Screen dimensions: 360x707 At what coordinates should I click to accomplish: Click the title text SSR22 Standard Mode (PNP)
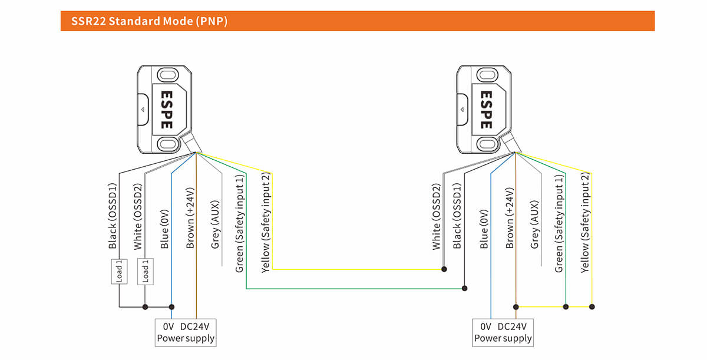point(149,22)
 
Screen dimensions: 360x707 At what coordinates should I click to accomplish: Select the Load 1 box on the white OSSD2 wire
point(144,271)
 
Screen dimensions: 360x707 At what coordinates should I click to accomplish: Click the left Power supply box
point(186,332)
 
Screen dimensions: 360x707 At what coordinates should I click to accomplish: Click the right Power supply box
point(503,332)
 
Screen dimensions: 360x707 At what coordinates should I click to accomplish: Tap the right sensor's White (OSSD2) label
point(437,216)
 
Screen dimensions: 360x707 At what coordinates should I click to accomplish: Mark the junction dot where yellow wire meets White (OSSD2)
point(444,269)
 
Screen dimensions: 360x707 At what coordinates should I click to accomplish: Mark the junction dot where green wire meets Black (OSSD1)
point(465,289)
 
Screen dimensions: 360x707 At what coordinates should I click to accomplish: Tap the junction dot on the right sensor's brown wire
point(516,306)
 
